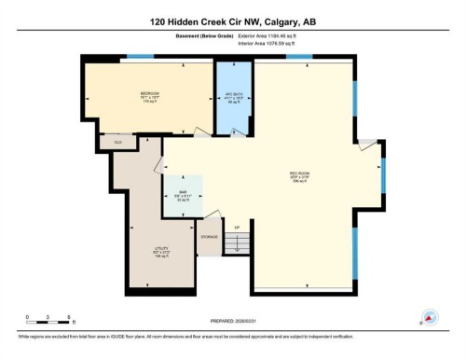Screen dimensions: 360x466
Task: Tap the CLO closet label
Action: (x=117, y=141)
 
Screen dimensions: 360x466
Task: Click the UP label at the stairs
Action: (x=238, y=228)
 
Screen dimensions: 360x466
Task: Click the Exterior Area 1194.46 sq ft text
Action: (x=271, y=36)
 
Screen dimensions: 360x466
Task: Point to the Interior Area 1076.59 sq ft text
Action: (x=271, y=44)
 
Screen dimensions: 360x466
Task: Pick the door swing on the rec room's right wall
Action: (x=371, y=145)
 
